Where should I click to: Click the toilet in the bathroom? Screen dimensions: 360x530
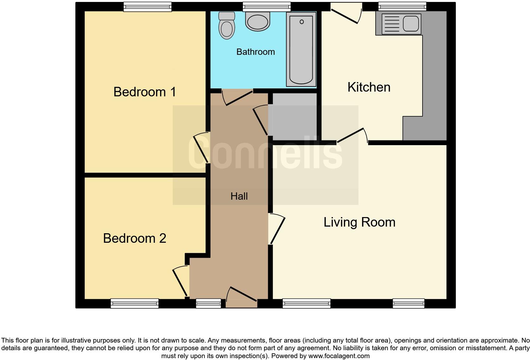click(227, 26)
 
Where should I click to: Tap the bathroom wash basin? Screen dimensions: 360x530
click(258, 22)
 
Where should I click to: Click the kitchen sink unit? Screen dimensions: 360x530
click(401, 24)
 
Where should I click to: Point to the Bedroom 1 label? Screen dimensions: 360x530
click(145, 92)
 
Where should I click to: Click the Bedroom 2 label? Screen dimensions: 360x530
click(134, 238)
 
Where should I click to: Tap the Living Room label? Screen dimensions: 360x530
click(359, 222)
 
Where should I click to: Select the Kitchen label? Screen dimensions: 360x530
click(369, 87)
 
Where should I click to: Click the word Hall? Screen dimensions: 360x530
click(239, 196)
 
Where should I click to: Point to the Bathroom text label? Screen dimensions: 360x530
click(255, 52)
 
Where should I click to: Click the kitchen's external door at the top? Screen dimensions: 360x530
click(346, 13)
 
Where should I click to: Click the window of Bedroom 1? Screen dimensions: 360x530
click(147, 7)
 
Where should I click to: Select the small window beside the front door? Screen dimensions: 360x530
click(208, 304)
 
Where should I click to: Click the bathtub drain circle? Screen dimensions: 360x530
click(301, 22)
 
